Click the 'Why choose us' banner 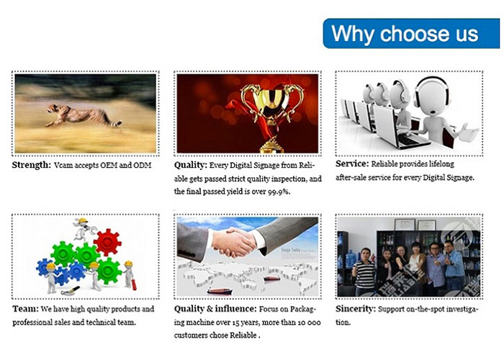[x=411, y=33]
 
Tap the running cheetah [x=84, y=115]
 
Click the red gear [x=107, y=243]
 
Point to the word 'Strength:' [x=32, y=165]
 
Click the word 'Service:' [x=352, y=163]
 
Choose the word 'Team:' [x=25, y=309]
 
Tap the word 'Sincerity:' [x=356, y=309]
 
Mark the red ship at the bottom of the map [x=220, y=291]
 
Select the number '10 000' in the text [x=309, y=323]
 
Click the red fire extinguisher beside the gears [x=134, y=285]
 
